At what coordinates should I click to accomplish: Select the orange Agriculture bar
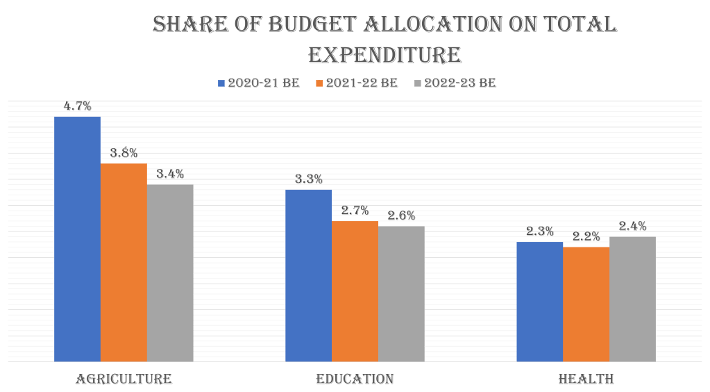(x=124, y=262)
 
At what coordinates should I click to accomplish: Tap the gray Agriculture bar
(x=170, y=272)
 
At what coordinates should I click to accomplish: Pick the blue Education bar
(x=308, y=275)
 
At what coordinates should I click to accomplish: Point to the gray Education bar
(x=401, y=293)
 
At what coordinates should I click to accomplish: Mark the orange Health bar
(x=586, y=304)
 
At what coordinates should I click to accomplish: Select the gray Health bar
(x=632, y=299)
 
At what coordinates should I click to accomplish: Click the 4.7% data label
(x=77, y=106)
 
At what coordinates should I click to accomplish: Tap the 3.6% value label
(x=124, y=153)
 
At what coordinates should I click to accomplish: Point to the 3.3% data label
(x=308, y=179)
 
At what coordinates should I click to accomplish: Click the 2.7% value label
(x=355, y=210)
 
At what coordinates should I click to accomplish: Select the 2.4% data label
(x=632, y=226)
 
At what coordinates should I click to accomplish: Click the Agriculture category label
(x=124, y=379)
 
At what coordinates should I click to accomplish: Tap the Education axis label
(x=355, y=379)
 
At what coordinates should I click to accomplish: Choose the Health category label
(x=586, y=379)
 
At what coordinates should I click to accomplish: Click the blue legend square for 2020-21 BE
(x=221, y=83)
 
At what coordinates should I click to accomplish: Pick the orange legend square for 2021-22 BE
(x=319, y=83)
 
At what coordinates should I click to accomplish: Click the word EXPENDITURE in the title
(x=384, y=55)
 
